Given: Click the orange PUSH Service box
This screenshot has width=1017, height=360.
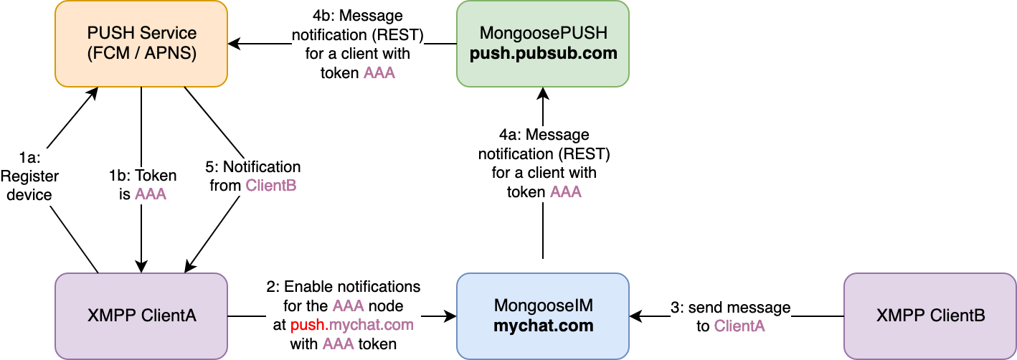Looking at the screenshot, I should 141,44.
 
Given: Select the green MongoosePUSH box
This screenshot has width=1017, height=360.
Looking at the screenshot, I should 543,44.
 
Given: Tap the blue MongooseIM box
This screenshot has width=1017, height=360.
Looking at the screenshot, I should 543,316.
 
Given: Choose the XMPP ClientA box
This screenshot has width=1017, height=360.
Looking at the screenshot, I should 141,316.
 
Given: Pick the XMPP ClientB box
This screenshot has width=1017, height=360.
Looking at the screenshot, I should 930,316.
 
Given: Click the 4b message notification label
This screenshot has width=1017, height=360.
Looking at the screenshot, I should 358,44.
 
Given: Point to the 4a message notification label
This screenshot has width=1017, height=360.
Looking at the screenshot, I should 544,164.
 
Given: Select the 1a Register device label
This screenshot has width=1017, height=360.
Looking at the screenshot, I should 29,176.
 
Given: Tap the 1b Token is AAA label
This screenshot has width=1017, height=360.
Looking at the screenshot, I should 142,185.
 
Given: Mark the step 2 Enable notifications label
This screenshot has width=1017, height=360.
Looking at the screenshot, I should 343,316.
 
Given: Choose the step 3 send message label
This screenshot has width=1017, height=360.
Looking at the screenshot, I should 731,317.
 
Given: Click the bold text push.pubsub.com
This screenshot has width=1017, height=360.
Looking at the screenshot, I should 543,54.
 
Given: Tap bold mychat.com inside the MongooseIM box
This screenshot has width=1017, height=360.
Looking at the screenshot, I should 543,326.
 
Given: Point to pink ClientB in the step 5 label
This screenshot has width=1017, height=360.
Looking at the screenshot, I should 272,186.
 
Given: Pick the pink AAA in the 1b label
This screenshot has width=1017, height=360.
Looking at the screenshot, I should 151,194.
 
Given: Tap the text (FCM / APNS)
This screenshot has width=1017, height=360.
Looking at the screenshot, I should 141,54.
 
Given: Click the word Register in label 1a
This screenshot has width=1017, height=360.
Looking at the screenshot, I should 29,176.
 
